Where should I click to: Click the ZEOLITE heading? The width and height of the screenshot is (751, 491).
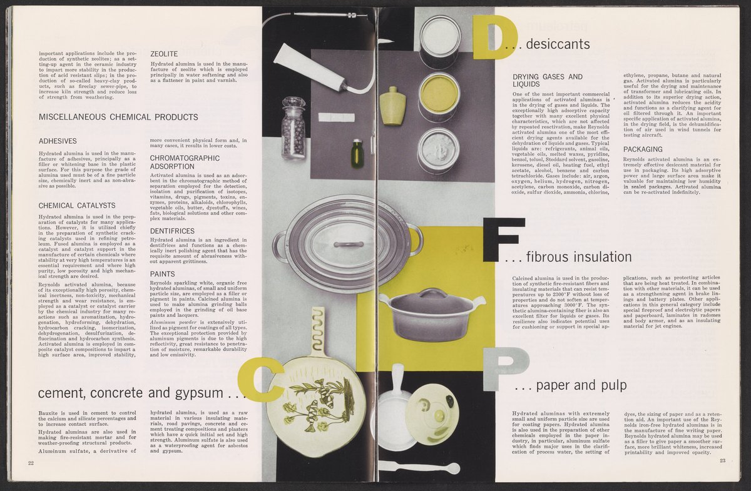[x=164, y=54]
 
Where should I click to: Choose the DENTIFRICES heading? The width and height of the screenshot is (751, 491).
[x=172, y=231]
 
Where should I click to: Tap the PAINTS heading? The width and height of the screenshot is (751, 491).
[x=163, y=274]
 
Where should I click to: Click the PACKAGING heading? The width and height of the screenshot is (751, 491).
[x=643, y=149]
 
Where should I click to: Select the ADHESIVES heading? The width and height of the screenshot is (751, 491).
[x=58, y=141]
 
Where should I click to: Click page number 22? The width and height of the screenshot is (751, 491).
[x=31, y=463]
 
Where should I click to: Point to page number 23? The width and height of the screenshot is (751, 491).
[x=722, y=460]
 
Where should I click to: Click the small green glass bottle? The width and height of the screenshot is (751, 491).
[x=357, y=154]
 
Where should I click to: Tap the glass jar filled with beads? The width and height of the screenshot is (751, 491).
[x=294, y=128]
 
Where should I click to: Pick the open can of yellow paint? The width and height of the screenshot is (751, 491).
[x=439, y=96]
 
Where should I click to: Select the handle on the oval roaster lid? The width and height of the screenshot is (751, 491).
[x=349, y=244]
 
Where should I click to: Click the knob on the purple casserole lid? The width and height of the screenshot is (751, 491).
[x=432, y=293]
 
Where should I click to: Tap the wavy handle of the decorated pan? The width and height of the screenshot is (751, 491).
[x=317, y=331]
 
